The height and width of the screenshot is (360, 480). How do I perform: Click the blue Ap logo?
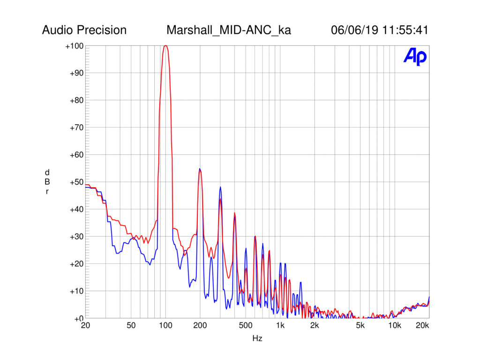[415, 57]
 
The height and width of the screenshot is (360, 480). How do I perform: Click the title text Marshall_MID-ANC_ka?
[228, 30]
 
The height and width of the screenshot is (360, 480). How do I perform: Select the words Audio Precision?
[84, 30]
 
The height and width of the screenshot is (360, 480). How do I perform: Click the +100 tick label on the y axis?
[75, 46]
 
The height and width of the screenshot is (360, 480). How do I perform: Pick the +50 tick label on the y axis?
[76, 182]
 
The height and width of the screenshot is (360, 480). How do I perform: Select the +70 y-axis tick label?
[76, 127]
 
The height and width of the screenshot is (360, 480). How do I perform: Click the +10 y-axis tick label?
[76, 291]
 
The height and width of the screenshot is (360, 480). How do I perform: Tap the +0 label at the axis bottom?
[78, 318]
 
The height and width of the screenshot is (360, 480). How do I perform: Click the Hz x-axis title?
[257, 338]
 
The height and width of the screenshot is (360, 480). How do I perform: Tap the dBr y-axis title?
[47, 182]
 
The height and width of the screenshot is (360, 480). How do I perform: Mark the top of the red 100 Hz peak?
[165, 45]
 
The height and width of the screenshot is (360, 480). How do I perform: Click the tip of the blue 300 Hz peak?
[220, 187]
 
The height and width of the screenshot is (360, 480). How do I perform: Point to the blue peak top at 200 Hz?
[200, 169]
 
